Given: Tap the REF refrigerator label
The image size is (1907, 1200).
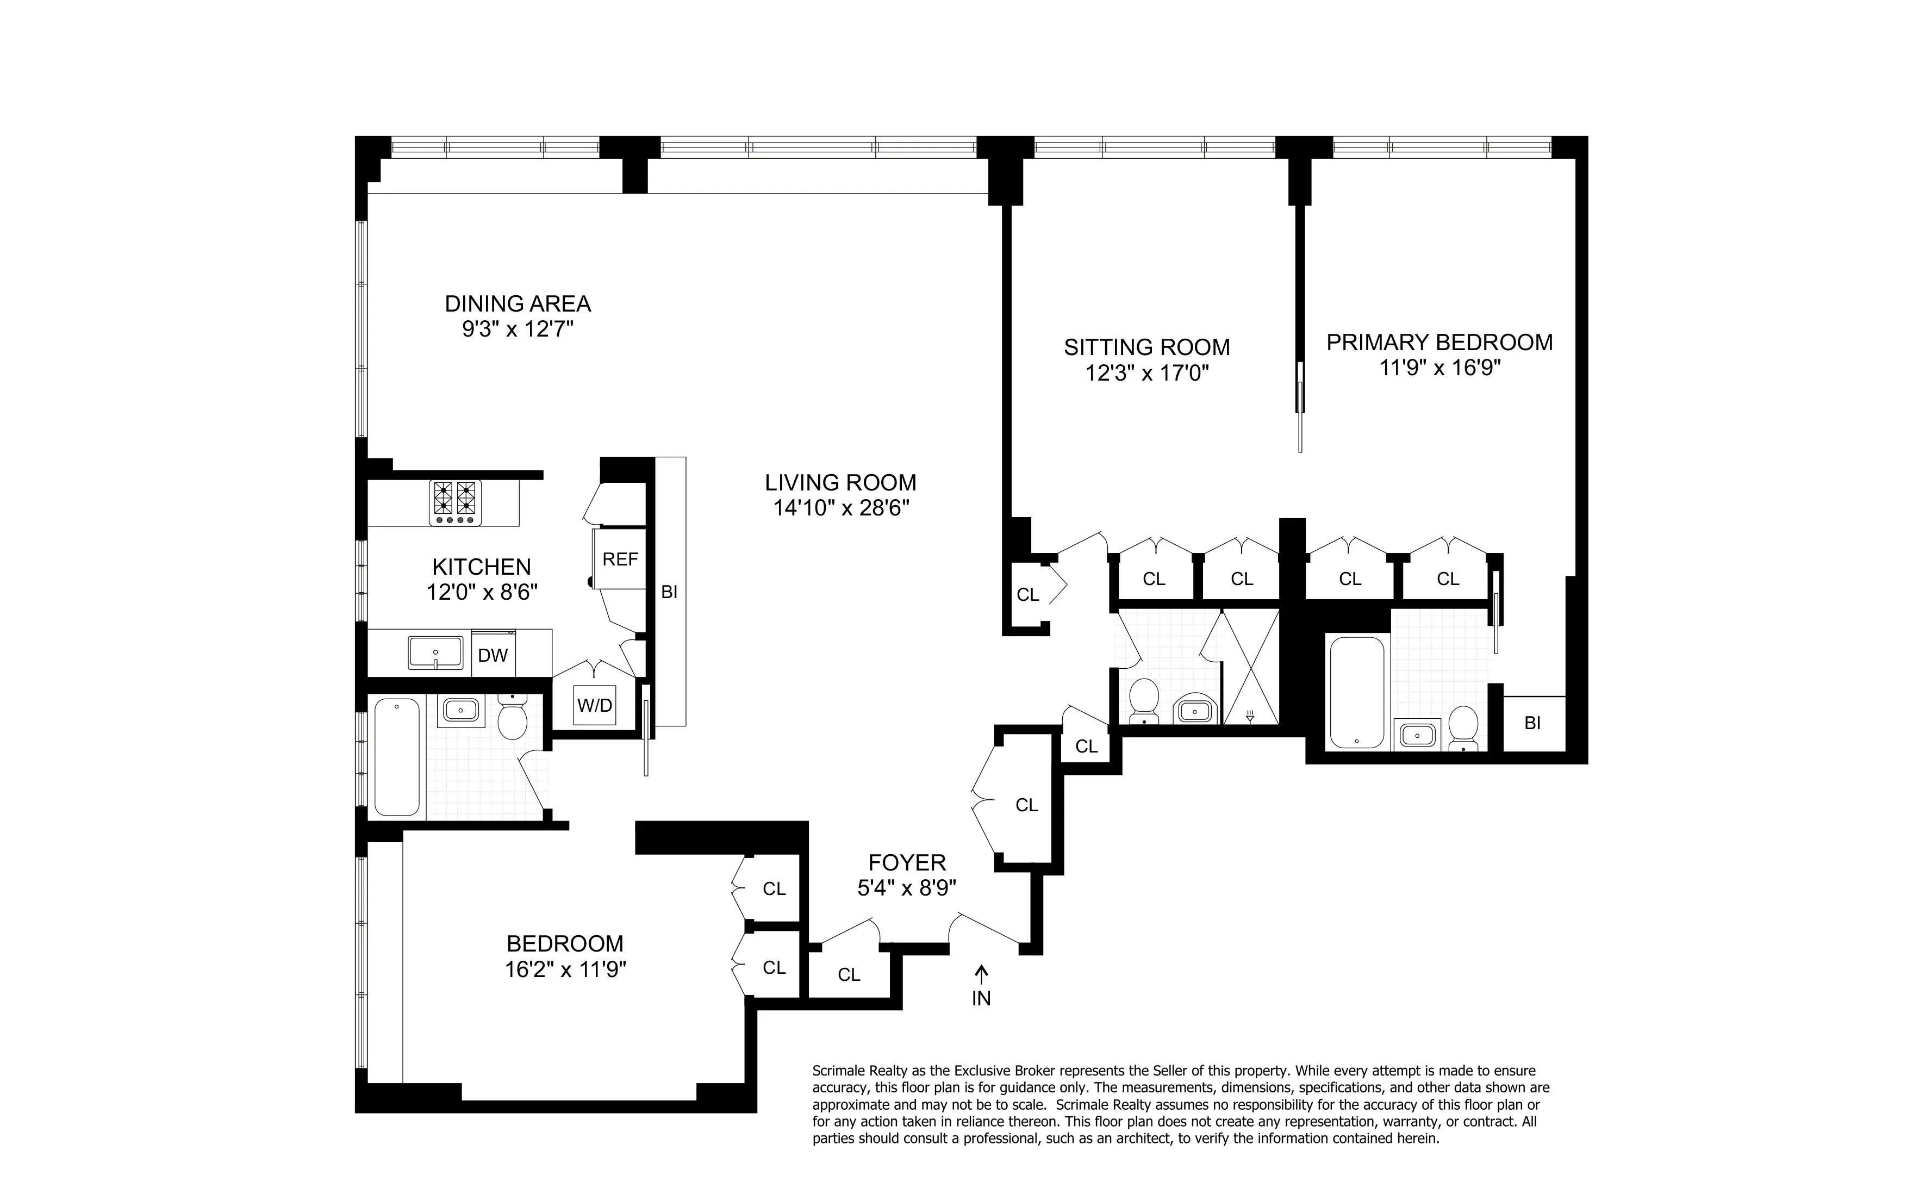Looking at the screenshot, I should pyautogui.click(x=620, y=559).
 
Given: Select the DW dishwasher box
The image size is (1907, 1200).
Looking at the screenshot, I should pyautogui.click(x=493, y=655).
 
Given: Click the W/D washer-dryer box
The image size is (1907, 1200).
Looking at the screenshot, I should pyautogui.click(x=594, y=705).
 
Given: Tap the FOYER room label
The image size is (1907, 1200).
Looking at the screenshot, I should pyautogui.click(x=907, y=862).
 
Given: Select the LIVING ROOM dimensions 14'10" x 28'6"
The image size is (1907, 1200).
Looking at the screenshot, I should pyautogui.click(x=840, y=508).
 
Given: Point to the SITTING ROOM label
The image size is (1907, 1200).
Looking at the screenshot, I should pyautogui.click(x=1146, y=347).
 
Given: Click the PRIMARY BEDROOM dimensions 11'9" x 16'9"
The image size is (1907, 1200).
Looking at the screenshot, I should pyautogui.click(x=1439, y=368).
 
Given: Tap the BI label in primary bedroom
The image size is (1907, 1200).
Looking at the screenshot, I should pyautogui.click(x=1532, y=723).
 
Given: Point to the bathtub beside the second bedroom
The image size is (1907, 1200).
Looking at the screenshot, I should pyautogui.click(x=397, y=756).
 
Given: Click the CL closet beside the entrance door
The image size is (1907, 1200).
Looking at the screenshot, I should pyautogui.click(x=849, y=975).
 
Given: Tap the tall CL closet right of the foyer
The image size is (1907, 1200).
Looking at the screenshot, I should pyautogui.click(x=1026, y=805).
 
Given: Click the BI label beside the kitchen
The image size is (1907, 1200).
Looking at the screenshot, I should pyautogui.click(x=669, y=592).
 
